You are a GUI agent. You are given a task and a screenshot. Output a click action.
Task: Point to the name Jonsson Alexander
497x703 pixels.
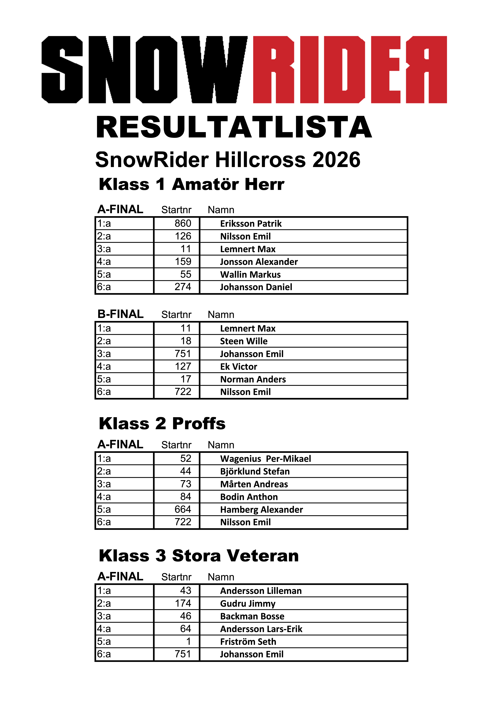coord(259,262)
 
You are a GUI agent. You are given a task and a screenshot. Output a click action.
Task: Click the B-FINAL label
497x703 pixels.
coord(120,314)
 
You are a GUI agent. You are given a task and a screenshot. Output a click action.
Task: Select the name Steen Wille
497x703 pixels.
coord(244,341)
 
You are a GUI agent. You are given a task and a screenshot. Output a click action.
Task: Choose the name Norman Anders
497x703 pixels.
coord(253,379)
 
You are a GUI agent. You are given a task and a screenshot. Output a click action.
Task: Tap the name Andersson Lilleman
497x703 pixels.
coord(261,591)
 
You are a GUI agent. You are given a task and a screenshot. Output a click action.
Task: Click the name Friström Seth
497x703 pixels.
coord(248,641)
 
